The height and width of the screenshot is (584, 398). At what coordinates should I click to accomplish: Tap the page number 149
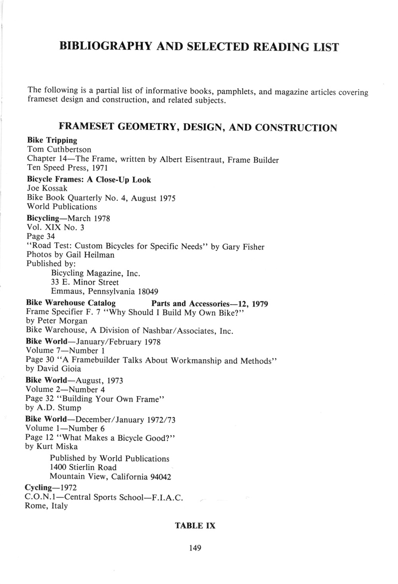pos(195,548)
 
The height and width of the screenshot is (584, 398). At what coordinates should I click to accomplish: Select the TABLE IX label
pos(195,526)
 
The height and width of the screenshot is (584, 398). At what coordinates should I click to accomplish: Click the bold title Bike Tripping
pos(52,140)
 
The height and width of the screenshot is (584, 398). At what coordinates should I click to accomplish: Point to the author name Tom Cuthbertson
pos(59,149)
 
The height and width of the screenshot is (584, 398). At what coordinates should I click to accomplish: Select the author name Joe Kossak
pos(47,189)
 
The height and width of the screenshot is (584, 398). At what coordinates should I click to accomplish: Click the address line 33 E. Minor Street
pos(85,282)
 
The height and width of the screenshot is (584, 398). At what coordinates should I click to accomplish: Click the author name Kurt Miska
pos(57,446)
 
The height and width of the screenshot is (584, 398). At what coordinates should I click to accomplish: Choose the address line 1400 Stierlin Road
pos(83,467)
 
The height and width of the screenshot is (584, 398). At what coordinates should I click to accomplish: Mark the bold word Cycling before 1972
pos(39,487)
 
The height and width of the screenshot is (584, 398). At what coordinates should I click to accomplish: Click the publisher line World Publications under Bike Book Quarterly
pos(62,207)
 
